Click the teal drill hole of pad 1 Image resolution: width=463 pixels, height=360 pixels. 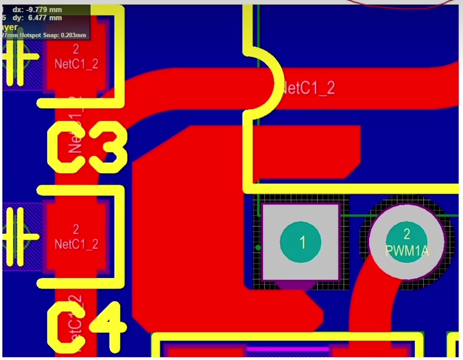coord(301,242)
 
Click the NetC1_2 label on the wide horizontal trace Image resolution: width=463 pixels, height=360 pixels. coord(308,89)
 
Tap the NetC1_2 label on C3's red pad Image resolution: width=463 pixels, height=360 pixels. coord(76,64)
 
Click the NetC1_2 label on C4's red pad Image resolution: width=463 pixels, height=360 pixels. coord(76,244)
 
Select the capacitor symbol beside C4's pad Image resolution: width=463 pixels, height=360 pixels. coord(18,236)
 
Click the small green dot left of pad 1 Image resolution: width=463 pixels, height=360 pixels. coord(258,247)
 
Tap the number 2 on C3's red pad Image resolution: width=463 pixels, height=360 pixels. coord(76,49)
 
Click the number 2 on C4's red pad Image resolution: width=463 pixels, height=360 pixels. coord(76,229)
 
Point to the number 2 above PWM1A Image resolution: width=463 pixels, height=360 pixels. coord(407,234)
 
